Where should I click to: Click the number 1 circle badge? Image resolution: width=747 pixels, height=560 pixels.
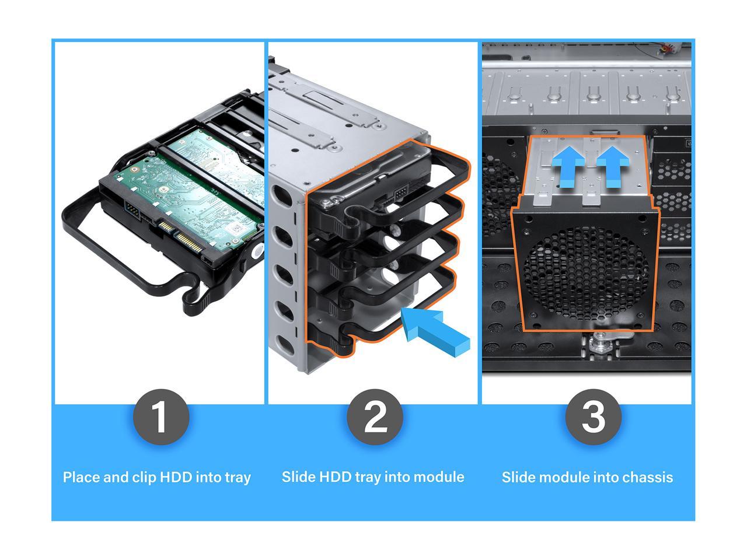click(x=160, y=417)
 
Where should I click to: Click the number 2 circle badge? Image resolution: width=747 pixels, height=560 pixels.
click(x=375, y=417)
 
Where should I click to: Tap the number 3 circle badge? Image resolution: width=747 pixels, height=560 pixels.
click(x=593, y=417)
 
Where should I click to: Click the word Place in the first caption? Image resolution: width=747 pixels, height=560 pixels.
click(x=81, y=477)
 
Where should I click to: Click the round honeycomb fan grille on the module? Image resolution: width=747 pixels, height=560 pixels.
click(x=585, y=271)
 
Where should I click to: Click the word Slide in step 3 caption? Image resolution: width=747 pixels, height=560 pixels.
click(x=518, y=477)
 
